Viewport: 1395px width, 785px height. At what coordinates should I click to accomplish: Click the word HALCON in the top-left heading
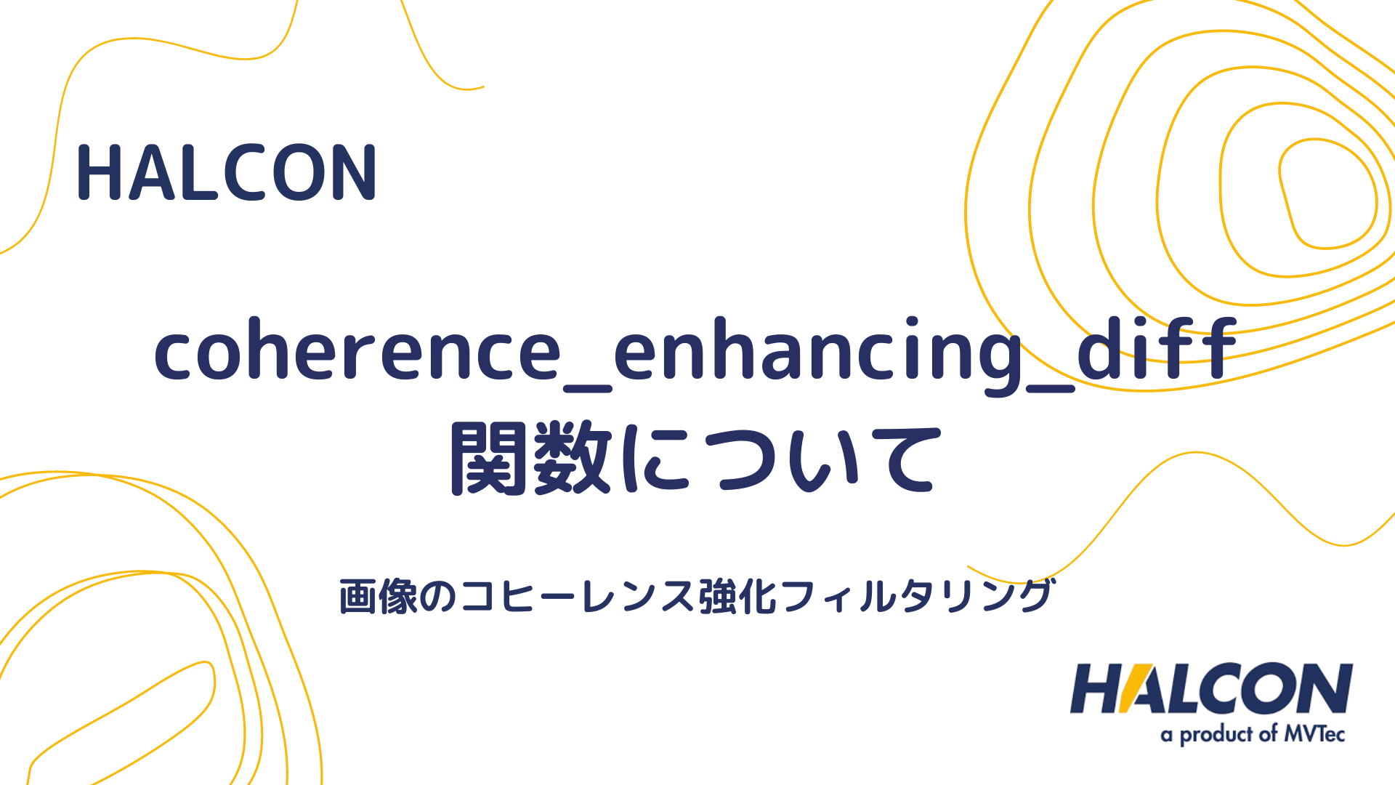click(226, 173)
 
